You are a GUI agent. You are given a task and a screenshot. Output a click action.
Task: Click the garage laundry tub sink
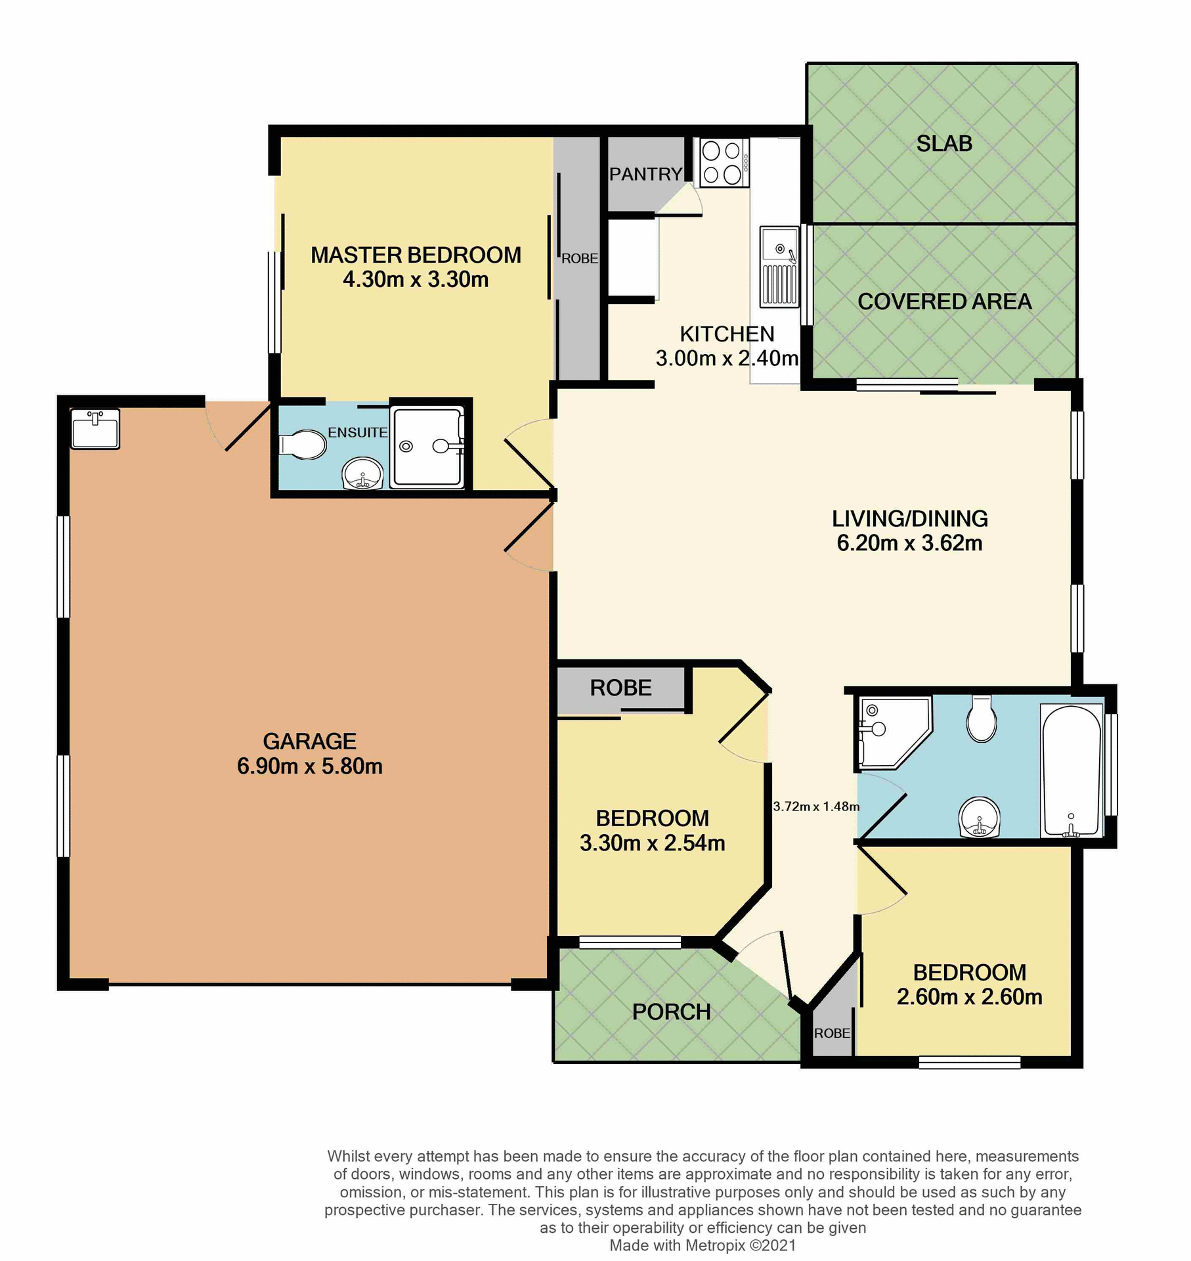pyautogui.click(x=95, y=429)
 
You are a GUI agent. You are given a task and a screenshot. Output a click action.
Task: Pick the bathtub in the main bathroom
pyautogui.click(x=1071, y=771)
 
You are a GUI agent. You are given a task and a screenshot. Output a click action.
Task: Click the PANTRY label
pyautogui.click(x=645, y=174)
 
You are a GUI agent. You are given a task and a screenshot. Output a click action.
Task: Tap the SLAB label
pyautogui.click(x=943, y=143)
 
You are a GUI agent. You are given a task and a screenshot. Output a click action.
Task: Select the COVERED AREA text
pyautogui.click(x=944, y=301)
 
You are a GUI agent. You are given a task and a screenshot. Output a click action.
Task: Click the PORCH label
pyautogui.click(x=671, y=1012)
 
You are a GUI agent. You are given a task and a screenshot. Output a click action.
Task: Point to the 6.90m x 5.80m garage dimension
pyautogui.click(x=309, y=766)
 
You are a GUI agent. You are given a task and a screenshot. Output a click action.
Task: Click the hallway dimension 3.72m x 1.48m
pyautogui.click(x=815, y=807)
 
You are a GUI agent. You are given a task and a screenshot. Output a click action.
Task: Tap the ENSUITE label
pyautogui.click(x=357, y=432)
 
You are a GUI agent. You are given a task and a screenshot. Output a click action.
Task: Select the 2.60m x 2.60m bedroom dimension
pyautogui.click(x=969, y=997)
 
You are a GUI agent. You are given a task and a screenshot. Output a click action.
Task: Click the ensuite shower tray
pyautogui.click(x=427, y=447)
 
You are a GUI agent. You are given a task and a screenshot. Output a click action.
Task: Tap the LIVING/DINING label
pyautogui.click(x=909, y=519)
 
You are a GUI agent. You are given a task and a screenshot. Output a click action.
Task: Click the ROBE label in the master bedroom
pyautogui.click(x=579, y=259)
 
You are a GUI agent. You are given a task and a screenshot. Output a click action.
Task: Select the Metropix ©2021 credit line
pyautogui.click(x=703, y=1245)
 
